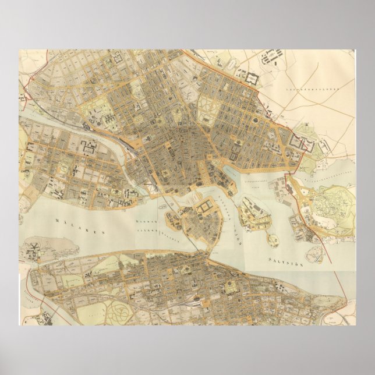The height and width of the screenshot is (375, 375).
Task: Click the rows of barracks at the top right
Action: (271, 58)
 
